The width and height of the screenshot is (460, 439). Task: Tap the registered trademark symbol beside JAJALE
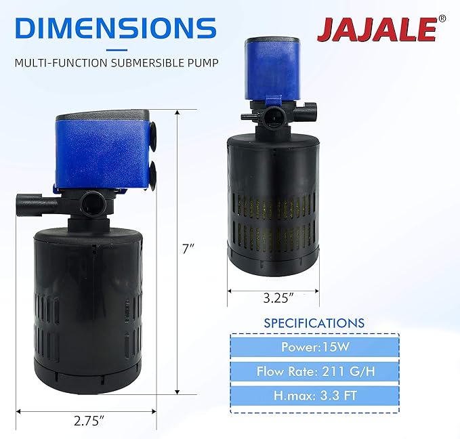pyautogui.click(x=442, y=19)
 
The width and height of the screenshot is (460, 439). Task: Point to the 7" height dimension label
pyautogui.click(x=189, y=249)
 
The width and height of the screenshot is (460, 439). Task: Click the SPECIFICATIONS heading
pyautogui.click(x=314, y=323)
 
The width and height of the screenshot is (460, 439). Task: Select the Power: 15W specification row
pyautogui.click(x=314, y=348)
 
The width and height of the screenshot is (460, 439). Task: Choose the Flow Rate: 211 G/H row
pyautogui.click(x=314, y=371)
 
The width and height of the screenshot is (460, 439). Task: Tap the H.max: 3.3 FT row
pyautogui.click(x=314, y=395)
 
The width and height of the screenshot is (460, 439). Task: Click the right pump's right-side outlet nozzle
pyautogui.click(x=312, y=106)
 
